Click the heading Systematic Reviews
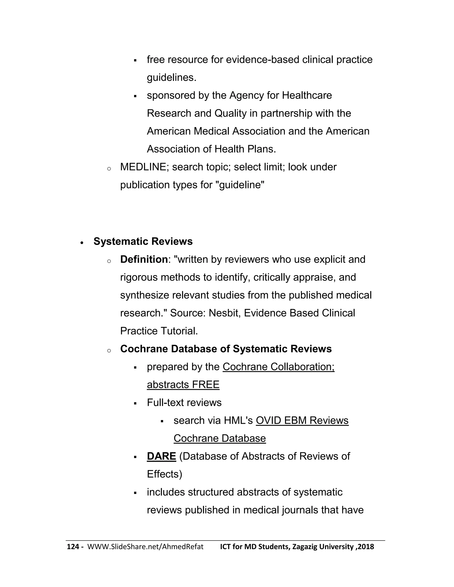click(x=143, y=242)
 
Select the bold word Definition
click(x=144, y=260)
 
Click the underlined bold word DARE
click(x=161, y=456)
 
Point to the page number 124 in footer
click(x=73, y=547)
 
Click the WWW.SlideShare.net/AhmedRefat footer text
click(x=145, y=547)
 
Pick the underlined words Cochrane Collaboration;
click(x=278, y=367)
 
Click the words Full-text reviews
click(x=184, y=403)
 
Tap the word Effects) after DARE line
click(x=164, y=474)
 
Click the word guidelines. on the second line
click(x=171, y=78)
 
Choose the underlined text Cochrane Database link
click(x=219, y=439)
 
